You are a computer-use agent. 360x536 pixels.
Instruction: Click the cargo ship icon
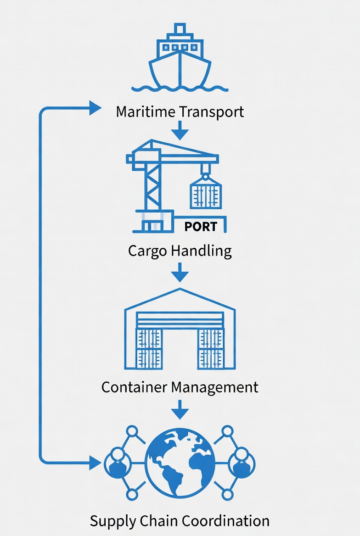coord(180,57)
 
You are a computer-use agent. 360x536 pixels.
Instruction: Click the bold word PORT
coord(200,227)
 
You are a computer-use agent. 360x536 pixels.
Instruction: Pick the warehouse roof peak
coord(180,290)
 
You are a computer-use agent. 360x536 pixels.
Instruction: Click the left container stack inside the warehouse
coord(149,349)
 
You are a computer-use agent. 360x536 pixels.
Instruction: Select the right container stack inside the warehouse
coord(210,349)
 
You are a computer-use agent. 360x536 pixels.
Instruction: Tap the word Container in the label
coord(135,387)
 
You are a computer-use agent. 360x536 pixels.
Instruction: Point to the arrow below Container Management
coord(180,409)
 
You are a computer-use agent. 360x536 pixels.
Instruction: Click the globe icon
coord(180,463)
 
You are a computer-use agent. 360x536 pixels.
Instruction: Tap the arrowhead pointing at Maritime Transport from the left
coord(95,108)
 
